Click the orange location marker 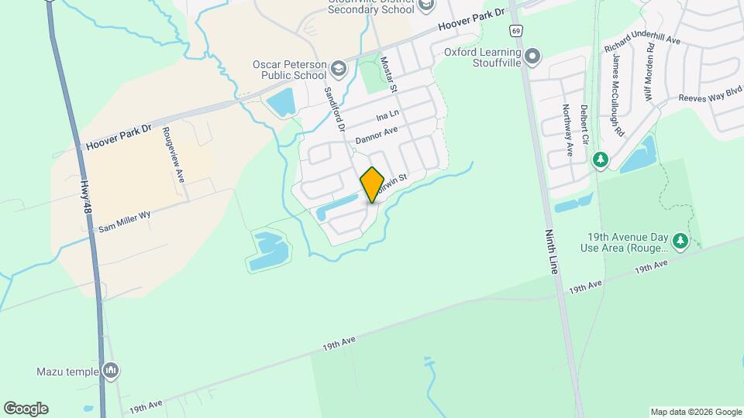pyautogui.click(x=372, y=184)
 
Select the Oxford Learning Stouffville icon pyautogui.click(x=532, y=57)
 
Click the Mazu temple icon pyautogui.click(x=111, y=372)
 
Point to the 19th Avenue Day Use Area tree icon pyautogui.click(x=680, y=241)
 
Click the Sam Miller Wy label pyautogui.click(x=123, y=224)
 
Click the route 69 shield pyautogui.click(x=515, y=31)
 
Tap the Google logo pyautogui.click(x=26, y=409)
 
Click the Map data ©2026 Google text pyautogui.click(x=695, y=412)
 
